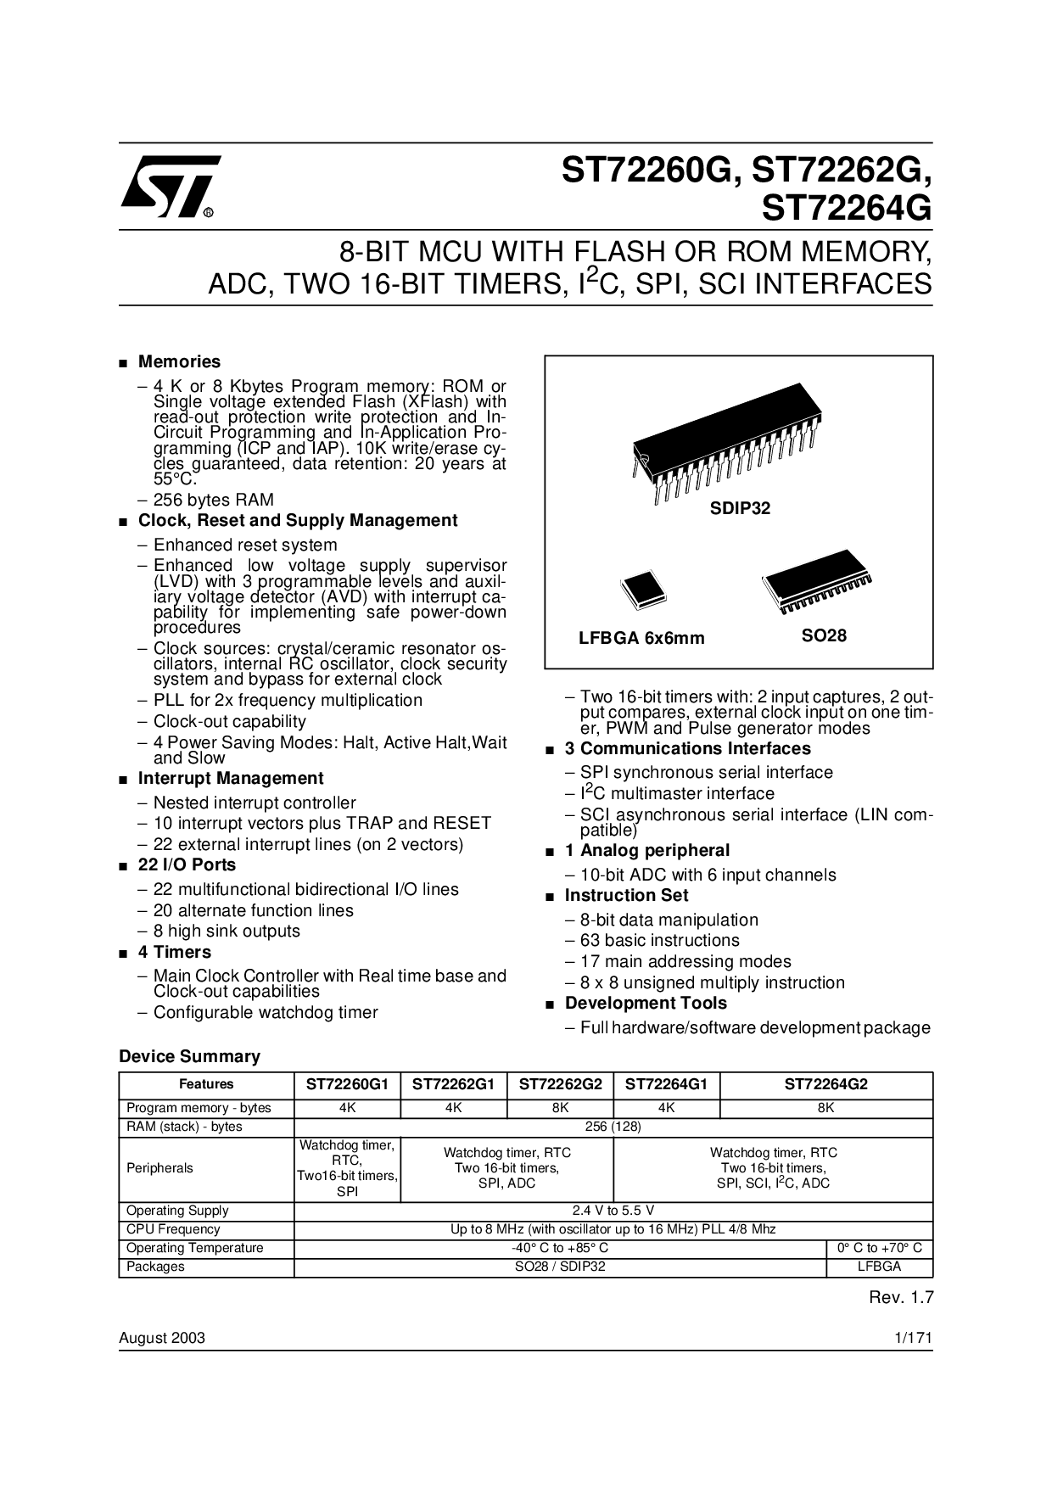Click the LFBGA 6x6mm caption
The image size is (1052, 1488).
[641, 639]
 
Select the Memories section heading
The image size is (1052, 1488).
[179, 362]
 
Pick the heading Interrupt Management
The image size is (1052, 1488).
[231, 779]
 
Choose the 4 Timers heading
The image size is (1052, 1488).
[175, 953]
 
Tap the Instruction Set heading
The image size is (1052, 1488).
[627, 896]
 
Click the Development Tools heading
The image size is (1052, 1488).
[646, 1004]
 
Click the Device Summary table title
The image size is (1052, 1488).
[189, 1057]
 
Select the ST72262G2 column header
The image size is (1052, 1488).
[560, 1084]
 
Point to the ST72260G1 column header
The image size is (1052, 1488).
[347, 1084]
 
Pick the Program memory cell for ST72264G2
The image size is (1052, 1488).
[826, 1108]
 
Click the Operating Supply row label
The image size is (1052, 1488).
[177, 1211]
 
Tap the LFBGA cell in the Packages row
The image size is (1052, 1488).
[880, 1267]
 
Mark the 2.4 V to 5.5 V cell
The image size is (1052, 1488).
[613, 1211]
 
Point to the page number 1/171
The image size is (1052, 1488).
[914, 1339]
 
